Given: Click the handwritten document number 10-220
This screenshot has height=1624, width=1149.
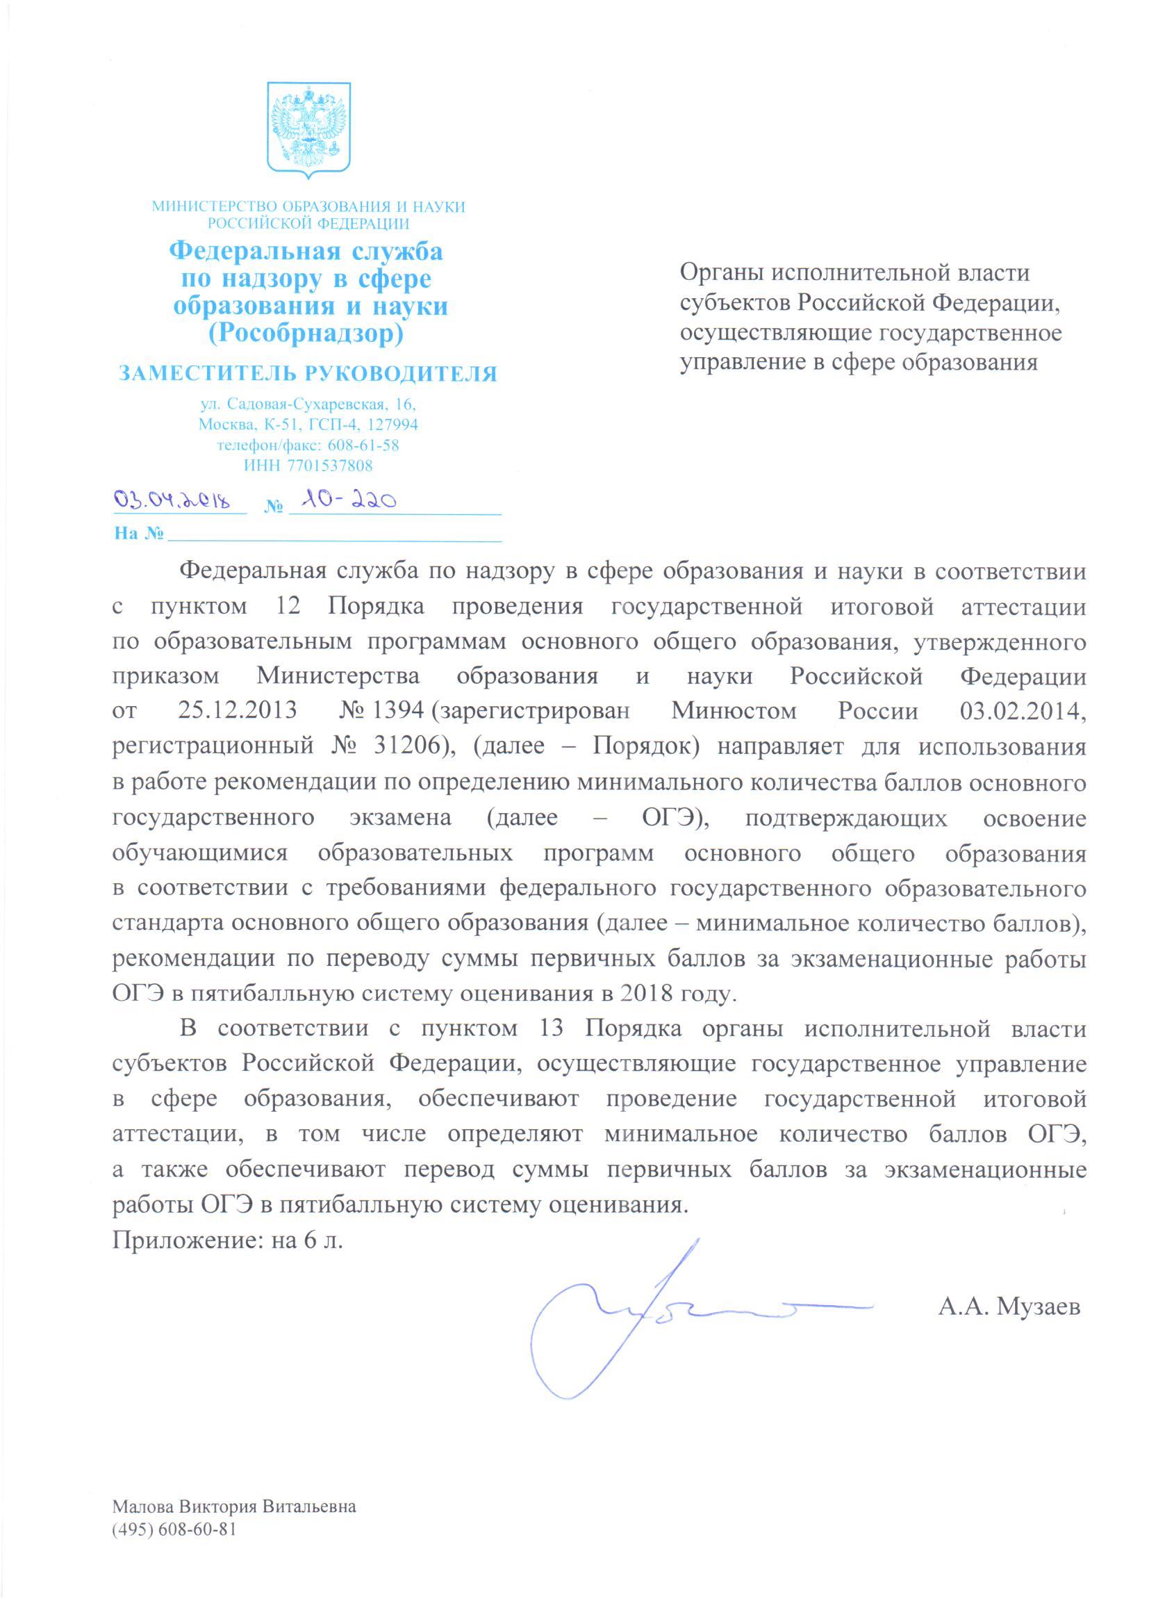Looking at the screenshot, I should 346,501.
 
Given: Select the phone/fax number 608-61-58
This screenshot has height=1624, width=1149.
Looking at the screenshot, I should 363,446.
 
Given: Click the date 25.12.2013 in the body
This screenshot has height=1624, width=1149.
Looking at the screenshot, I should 237,710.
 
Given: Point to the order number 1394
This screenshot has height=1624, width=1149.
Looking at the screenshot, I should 399,710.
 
